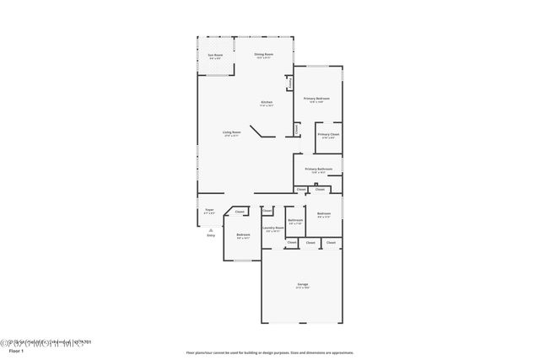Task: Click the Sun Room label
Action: coord(215,56)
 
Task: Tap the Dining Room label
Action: coord(263,56)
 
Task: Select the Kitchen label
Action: coord(266,105)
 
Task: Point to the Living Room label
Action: coord(231,133)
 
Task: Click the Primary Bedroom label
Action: coord(317,99)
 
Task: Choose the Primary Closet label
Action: coord(328,136)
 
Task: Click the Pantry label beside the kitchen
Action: coord(289,83)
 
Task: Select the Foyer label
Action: coord(209,211)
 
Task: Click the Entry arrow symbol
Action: coord(210,228)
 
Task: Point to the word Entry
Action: coord(211,235)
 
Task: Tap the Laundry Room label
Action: coord(272,228)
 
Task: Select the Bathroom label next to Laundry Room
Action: coord(295,222)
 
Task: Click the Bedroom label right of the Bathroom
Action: coord(324,214)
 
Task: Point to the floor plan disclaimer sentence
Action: coord(270,352)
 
